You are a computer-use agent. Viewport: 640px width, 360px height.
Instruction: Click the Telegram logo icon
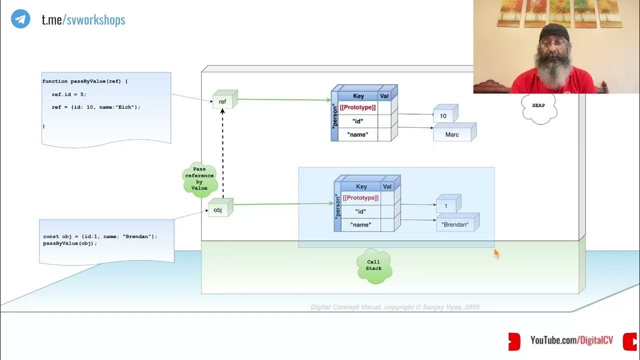pyautogui.click(x=20, y=19)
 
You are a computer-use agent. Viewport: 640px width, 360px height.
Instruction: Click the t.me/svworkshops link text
pyautogui.click(x=83, y=19)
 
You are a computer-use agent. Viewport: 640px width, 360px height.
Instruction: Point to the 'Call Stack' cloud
pyautogui.click(x=373, y=265)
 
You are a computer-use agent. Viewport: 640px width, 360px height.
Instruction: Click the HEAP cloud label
pyautogui.click(x=538, y=106)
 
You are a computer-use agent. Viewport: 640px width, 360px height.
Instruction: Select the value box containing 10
pyautogui.click(x=444, y=115)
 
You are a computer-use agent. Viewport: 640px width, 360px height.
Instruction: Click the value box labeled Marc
pyautogui.click(x=452, y=134)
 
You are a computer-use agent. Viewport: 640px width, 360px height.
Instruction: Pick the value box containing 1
pyautogui.click(x=446, y=205)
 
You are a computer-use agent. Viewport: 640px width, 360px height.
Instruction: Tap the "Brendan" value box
pyautogui.click(x=455, y=224)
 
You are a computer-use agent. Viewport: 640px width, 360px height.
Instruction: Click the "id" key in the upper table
pyautogui.click(x=358, y=121)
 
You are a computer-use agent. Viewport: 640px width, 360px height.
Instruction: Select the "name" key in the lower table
pyautogui.click(x=360, y=225)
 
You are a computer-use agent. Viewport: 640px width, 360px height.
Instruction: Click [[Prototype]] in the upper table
pyautogui.click(x=358, y=107)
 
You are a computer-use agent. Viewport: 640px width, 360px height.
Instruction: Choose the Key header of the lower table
pyautogui.click(x=361, y=186)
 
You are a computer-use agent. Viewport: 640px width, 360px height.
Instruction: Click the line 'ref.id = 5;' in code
pyautogui.click(x=69, y=94)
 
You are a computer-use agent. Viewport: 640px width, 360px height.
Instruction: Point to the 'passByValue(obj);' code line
pyautogui.click(x=70, y=243)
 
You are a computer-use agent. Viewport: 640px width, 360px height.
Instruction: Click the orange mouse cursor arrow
pyautogui.click(x=496, y=253)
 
